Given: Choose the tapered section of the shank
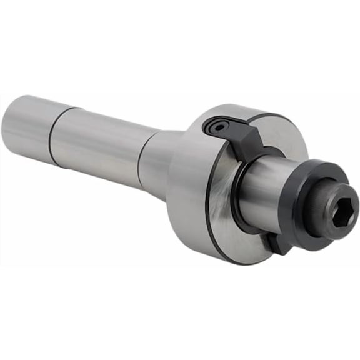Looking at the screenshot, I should point(156,162).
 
